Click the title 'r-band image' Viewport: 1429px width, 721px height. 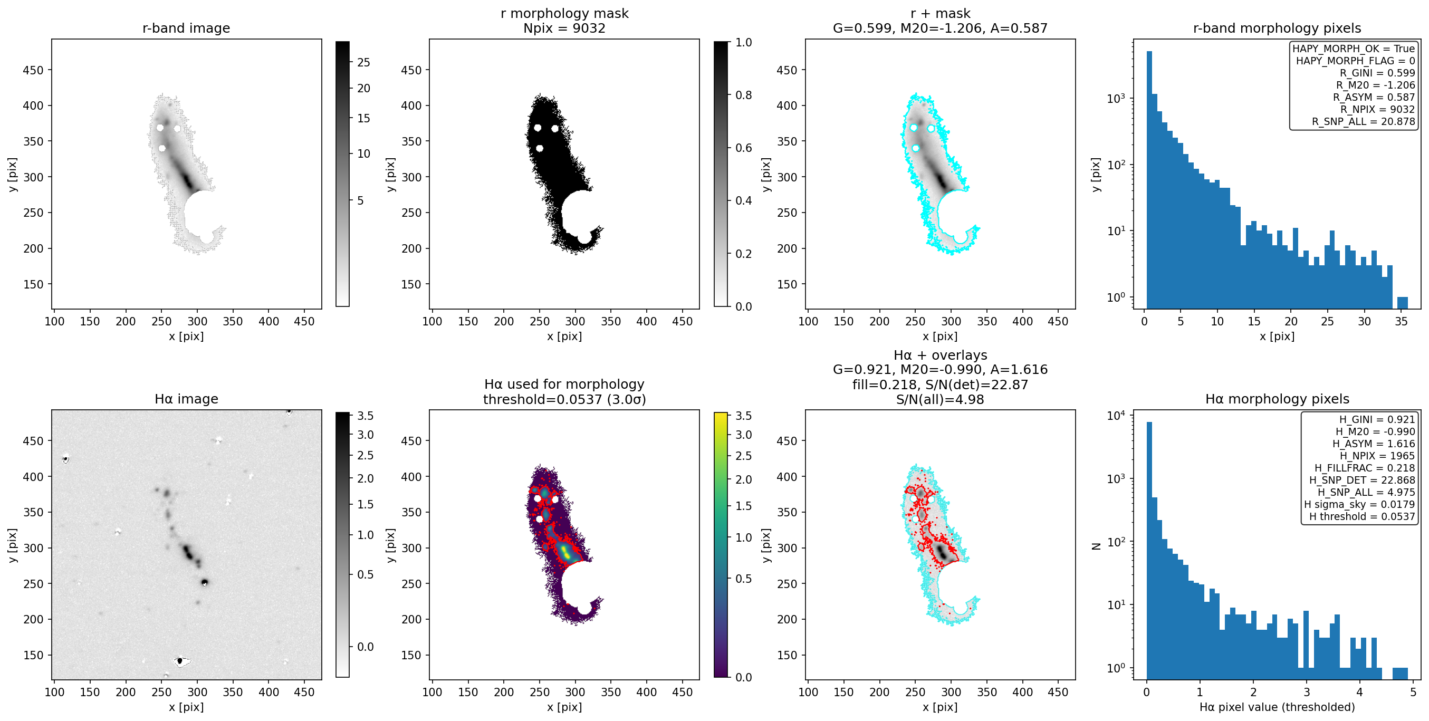pyautogui.click(x=186, y=28)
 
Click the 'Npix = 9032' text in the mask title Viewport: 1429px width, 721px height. pyautogui.click(x=564, y=28)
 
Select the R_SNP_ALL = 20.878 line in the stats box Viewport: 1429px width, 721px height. pyautogui.click(x=1363, y=121)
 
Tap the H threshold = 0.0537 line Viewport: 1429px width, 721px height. pyautogui.click(x=1362, y=516)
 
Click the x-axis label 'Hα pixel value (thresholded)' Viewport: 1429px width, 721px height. pyautogui.click(x=1277, y=707)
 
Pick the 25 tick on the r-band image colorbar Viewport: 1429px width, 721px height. pyautogui.click(x=363, y=62)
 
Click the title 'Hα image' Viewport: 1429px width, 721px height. pyautogui.click(x=186, y=399)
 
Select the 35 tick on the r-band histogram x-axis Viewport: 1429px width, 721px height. pyautogui.click(x=1401, y=322)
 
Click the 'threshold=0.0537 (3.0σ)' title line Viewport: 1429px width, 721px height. pyautogui.click(x=564, y=399)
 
